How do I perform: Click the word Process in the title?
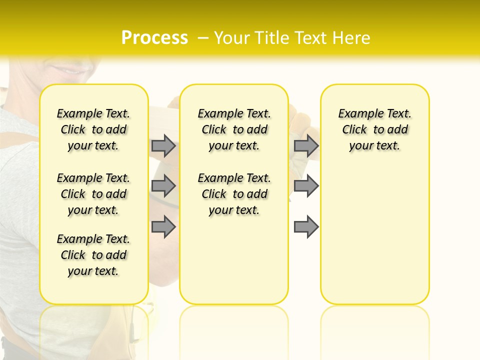(154, 38)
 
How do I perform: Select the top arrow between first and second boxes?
(163, 146)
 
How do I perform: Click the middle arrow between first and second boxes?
(163, 186)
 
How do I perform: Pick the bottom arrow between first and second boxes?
(163, 226)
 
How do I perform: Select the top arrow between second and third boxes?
(306, 146)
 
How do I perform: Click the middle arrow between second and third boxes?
(306, 186)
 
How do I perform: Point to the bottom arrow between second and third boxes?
(306, 226)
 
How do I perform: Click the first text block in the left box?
(93, 130)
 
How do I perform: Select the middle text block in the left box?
(93, 194)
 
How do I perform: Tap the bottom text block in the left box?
(93, 255)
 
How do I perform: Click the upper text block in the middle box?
(234, 130)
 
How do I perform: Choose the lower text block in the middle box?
(234, 194)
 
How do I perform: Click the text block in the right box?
(374, 130)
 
